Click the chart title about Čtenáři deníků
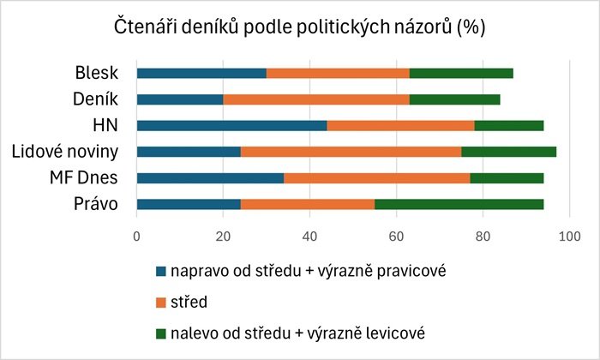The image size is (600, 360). (300, 27)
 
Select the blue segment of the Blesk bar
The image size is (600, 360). (201, 73)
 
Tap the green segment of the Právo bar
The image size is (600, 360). (459, 205)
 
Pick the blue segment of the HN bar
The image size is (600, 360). (231, 126)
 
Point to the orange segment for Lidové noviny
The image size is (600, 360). (351, 153)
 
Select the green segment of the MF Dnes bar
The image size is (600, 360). (507, 178)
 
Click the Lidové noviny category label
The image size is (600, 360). (65, 153)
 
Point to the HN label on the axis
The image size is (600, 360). (105, 126)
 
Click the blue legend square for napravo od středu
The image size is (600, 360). (162, 271)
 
